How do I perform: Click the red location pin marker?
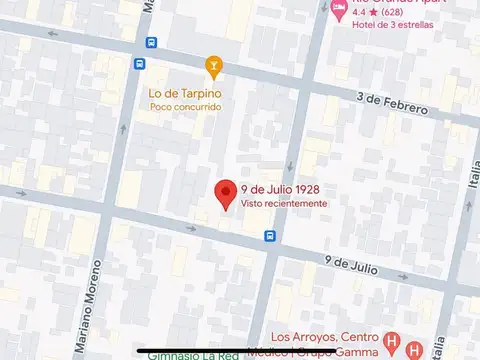click(226, 192)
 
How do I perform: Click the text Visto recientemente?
click(283, 203)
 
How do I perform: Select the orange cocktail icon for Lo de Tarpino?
click(212, 67)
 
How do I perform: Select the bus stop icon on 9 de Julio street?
click(270, 236)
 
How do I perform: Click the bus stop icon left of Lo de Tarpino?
click(150, 43)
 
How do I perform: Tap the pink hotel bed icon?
click(338, 9)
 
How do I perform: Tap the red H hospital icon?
click(393, 340)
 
